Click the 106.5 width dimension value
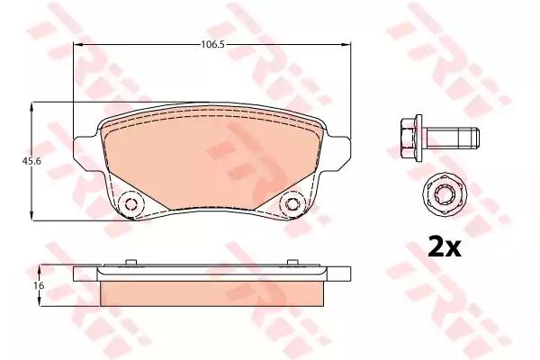click(x=211, y=41)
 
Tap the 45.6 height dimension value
click(x=15, y=161)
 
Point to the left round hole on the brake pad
click(x=131, y=204)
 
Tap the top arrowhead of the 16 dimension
click(x=33, y=268)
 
